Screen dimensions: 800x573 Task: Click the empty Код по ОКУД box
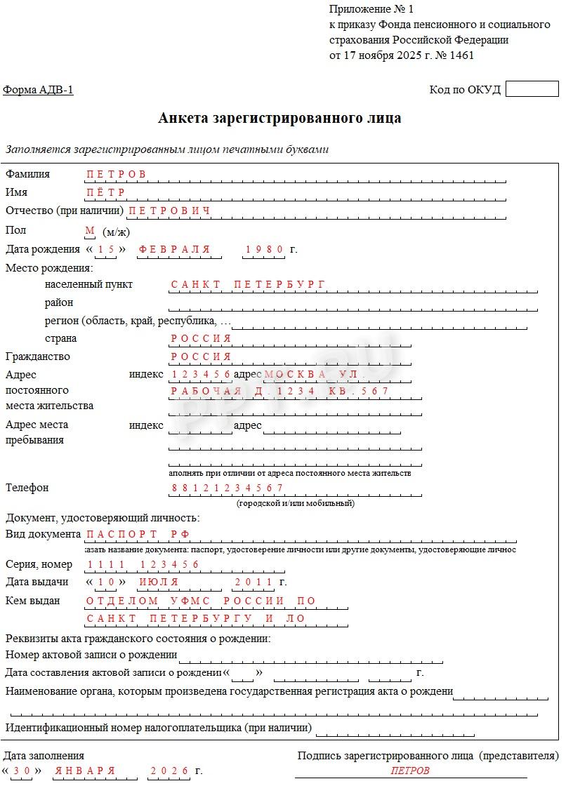pyautogui.click(x=532, y=89)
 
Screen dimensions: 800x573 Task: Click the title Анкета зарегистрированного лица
pyautogui.click(x=279, y=118)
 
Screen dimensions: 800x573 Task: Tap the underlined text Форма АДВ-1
pyautogui.click(x=38, y=90)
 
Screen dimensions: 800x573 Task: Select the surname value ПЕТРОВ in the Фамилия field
pyautogui.click(x=116, y=174)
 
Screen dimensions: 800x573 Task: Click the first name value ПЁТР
pyautogui.click(x=105, y=192)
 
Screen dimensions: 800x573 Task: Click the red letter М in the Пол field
pyautogui.click(x=89, y=230)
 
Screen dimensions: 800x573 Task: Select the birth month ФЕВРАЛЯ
pyautogui.click(x=174, y=249)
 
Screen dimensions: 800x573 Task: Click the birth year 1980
pyautogui.click(x=264, y=249)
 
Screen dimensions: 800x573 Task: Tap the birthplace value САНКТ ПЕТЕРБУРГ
pyautogui.click(x=249, y=284)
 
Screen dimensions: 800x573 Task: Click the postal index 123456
pyautogui.click(x=201, y=374)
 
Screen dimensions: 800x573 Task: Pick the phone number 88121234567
pyautogui.click(x=227, y=488)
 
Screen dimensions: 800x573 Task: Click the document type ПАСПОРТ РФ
pyautogui.click(x=138, y=534)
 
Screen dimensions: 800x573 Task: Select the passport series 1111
pyautogui.click(x=106, y=564)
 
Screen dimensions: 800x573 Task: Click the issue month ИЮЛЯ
pyautogui.click(x=159, y=582)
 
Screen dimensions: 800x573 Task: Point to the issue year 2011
pyautogui.click(x=253, y=582)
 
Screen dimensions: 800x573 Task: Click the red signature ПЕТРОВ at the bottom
pyautogui.click(x=410, y=771)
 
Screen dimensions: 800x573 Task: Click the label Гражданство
pyautogui.click(x=38, y=356)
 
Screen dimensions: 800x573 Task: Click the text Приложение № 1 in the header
pyautogui.click(x=371, y=9)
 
